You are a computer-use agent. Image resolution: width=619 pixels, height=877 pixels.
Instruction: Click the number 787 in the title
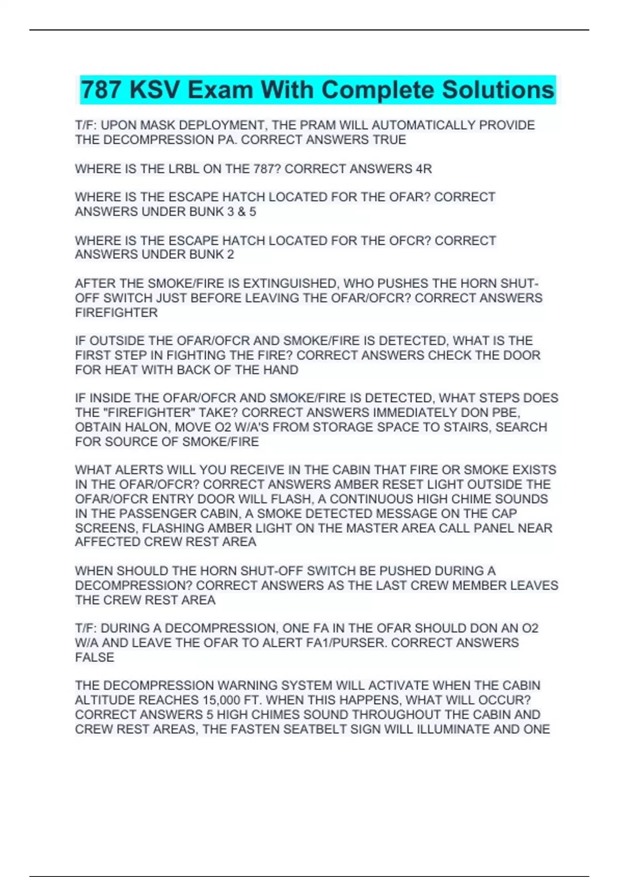pos(102,90)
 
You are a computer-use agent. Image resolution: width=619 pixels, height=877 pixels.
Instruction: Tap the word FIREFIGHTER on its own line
pos(117,313)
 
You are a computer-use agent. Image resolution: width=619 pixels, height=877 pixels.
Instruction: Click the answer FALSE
pos(94,657)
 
